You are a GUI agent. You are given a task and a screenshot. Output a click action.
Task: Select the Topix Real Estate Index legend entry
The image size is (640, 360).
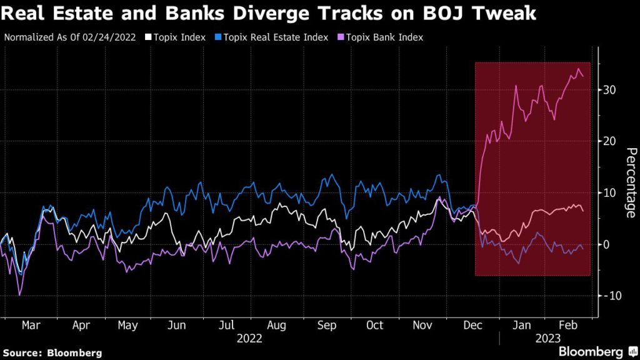point(274,37)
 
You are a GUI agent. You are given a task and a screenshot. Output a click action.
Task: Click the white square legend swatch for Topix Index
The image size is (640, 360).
point(148,37)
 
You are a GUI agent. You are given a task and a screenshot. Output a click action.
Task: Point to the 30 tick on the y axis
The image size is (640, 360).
point(610,90)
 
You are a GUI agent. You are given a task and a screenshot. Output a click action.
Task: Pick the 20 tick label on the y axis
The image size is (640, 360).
point(610,141)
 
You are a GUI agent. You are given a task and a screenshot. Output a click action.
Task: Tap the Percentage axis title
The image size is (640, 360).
point(631,182)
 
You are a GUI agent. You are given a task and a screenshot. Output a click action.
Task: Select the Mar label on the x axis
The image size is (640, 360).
point(31,326)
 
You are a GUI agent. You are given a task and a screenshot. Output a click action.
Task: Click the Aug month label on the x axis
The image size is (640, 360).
point(276,326)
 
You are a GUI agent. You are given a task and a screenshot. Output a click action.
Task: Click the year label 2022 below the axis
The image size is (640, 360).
point(249,339)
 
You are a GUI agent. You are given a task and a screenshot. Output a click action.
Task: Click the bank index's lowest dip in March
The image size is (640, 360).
point(20,295)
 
